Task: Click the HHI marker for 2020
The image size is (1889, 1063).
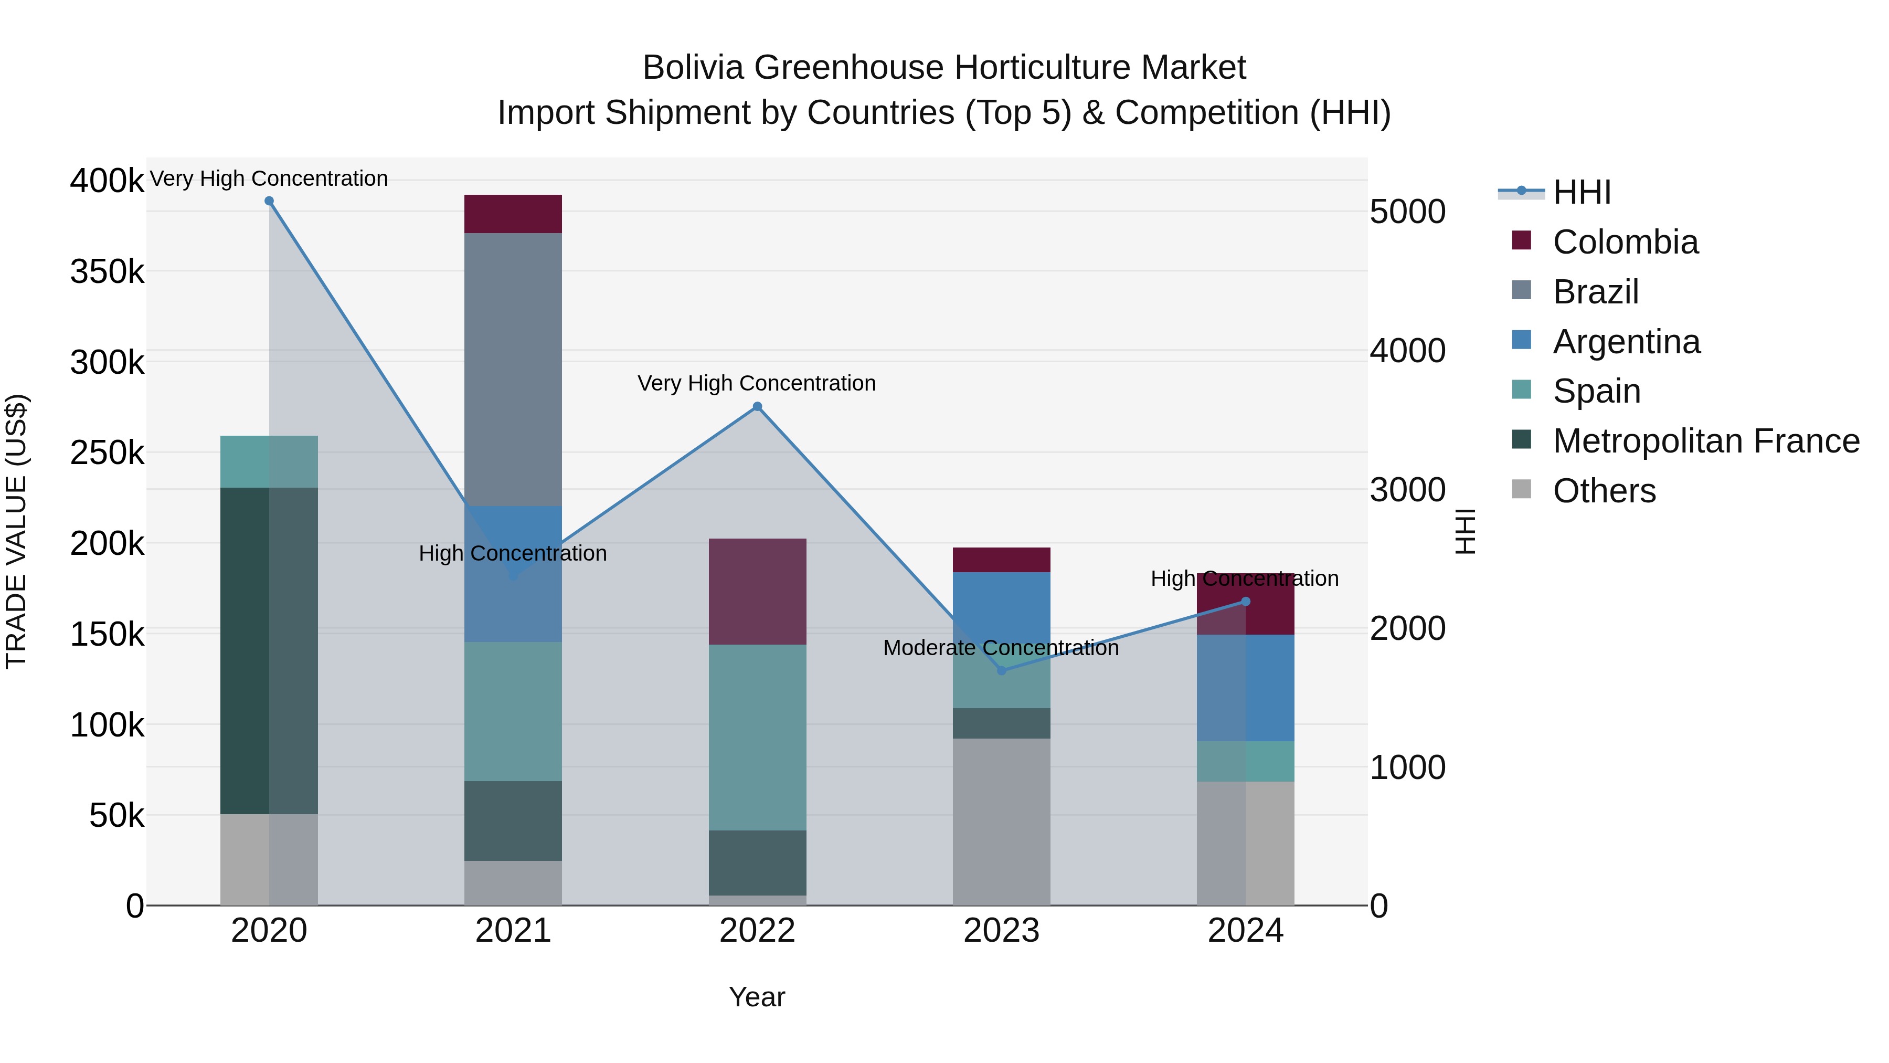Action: (x=269, y=201)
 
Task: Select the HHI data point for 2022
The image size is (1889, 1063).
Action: (x=758, y=406)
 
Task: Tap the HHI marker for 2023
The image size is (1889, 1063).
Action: (x=1002, y=670)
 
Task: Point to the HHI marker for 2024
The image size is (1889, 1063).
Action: (x=1245, y=602)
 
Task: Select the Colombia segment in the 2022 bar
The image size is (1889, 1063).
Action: (x=758, y=591)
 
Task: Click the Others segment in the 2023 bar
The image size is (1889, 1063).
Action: (x=1002, y=822)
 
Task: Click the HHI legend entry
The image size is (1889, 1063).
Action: (x=1581, y=192)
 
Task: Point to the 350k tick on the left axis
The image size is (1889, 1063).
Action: (x=107, y=272)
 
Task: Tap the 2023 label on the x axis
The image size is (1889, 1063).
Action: (x=1002, y=931)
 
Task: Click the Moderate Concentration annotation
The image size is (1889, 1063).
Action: (x=1001, y=648)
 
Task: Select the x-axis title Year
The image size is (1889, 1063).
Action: (x=757, y=997)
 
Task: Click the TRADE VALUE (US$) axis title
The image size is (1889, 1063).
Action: (x=16, y=531)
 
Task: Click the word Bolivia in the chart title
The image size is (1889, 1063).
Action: (x=693, y=68)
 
